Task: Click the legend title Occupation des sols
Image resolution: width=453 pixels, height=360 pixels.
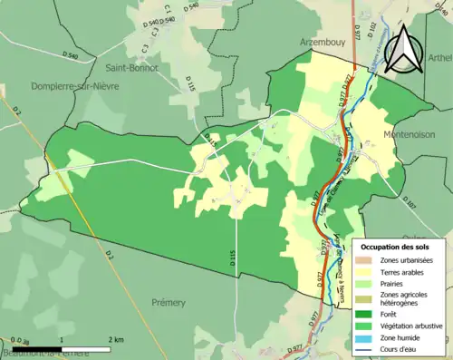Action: pos(402,247)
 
